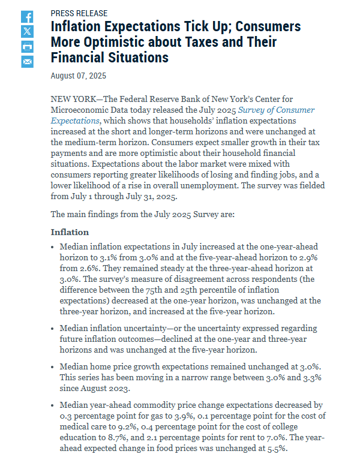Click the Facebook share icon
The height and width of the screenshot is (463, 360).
(28, 17)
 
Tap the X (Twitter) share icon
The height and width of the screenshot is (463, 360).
(28, 32)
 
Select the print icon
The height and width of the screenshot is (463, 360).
(28, 47)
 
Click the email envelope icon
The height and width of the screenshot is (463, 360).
(28, 62)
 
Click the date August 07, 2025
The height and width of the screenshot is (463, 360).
(78, 76)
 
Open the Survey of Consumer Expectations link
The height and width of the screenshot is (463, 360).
(182, 115)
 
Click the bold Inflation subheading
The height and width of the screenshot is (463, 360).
(70, 232)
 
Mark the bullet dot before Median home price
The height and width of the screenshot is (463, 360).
(53, 366)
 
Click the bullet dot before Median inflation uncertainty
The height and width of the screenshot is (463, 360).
(53, 329)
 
